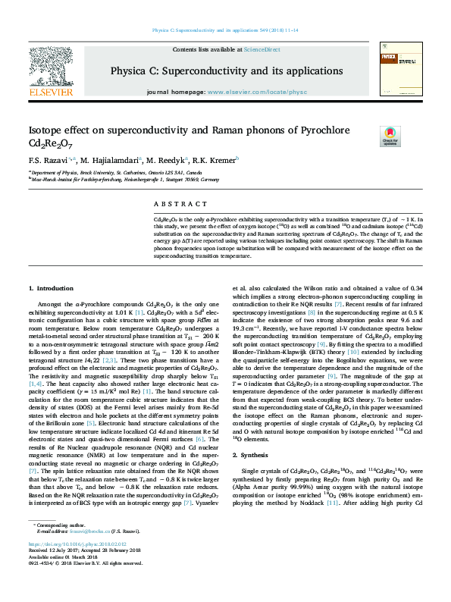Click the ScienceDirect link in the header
(x=262, y=49)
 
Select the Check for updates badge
(x=390, y=137)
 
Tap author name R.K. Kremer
(x=215, y=161)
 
